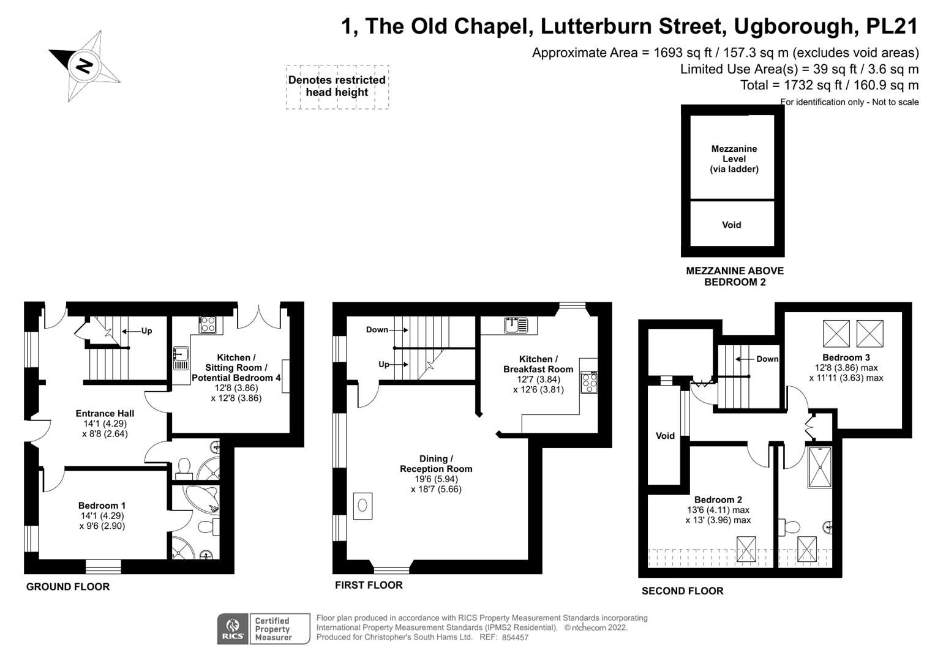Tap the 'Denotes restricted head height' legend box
point(337,86)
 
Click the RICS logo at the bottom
point(233,629)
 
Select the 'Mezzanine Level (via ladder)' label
point(734,159)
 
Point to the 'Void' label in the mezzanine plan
point(731,225)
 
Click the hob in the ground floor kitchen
point(208,324)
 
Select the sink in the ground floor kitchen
point(180,358)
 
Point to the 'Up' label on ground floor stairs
point(146,331)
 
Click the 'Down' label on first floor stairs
point(377,330)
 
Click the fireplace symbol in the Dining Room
point(362,506)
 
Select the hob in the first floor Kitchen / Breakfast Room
point(588,383)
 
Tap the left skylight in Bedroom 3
point(836,334)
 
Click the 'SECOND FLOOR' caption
point(682,591)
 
